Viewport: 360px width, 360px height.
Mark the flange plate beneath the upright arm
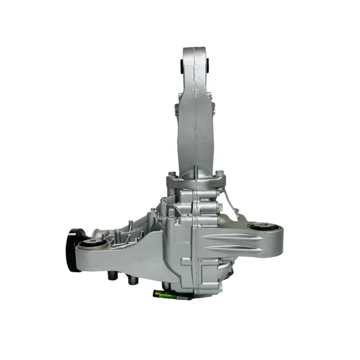pos(194,182)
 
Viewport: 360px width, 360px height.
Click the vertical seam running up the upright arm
pos(197,112)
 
